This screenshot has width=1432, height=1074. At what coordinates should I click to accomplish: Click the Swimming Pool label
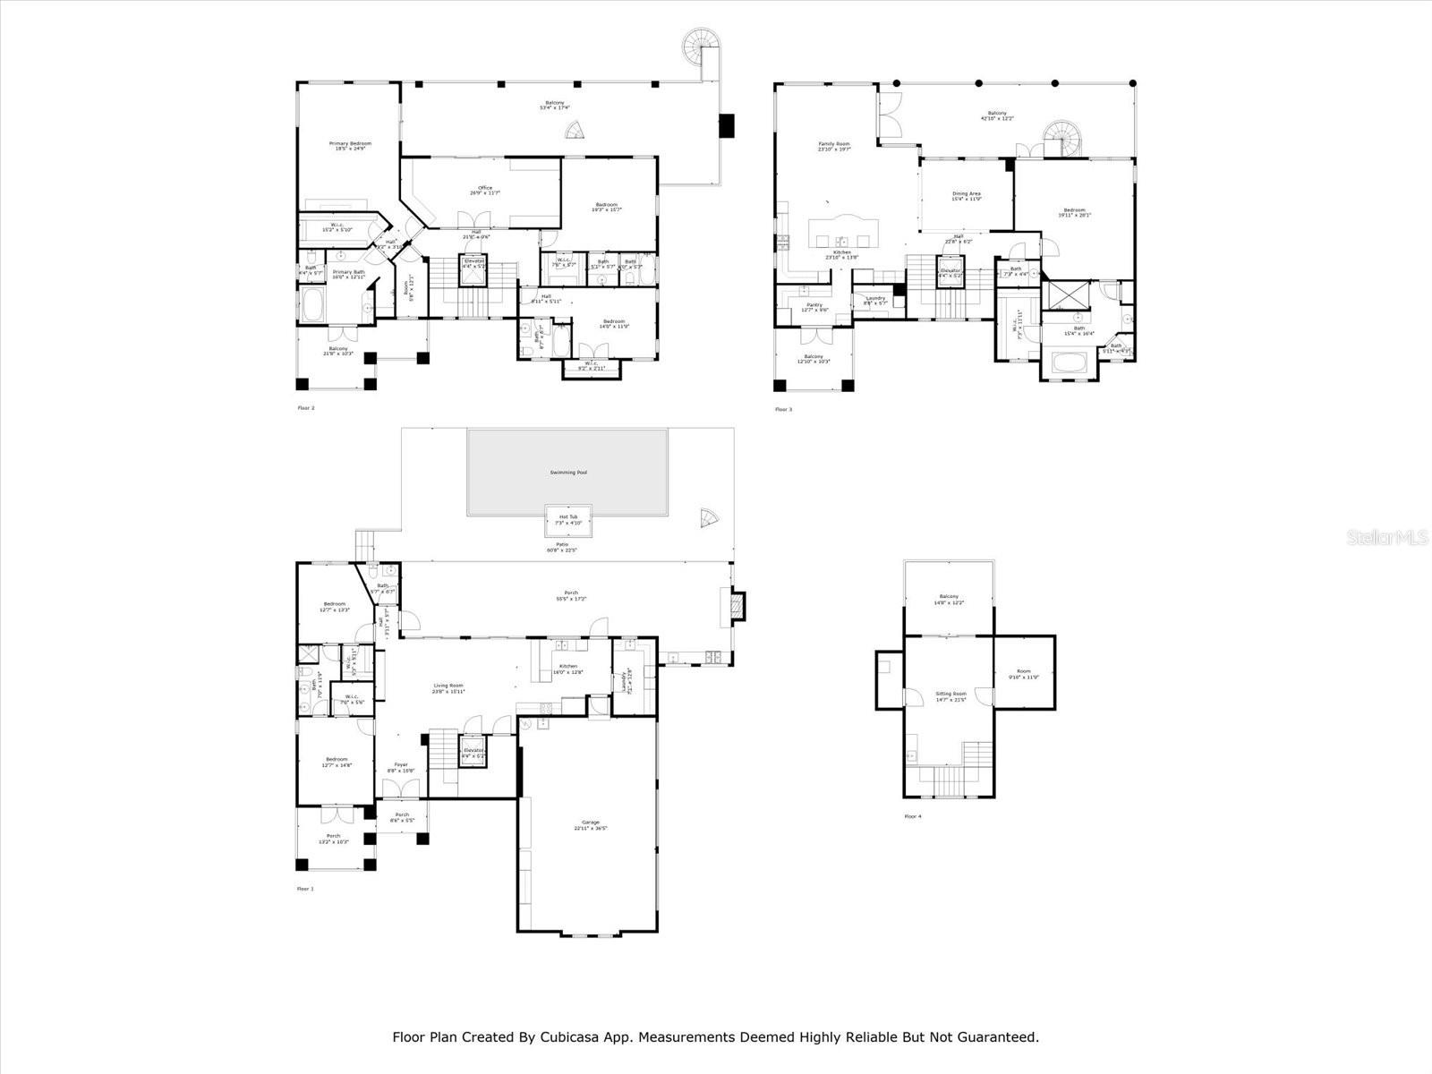(x=568, y=472)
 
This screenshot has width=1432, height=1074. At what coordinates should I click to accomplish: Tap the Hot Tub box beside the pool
(x=568, y=519)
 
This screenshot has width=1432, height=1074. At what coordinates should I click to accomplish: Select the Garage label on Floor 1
(x=591, y=824)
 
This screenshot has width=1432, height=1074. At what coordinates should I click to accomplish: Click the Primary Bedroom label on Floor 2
(x=350, y=145)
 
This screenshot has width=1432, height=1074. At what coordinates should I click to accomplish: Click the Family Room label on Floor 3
(x=834, y=146)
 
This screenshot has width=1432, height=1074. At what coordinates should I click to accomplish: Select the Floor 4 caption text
(x=912, y=816)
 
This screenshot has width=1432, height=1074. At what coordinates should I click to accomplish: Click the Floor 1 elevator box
(x=473, y=752)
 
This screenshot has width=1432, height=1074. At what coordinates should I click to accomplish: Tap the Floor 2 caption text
(x=305, y=408)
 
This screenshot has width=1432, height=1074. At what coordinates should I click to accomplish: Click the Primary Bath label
(x=349, y=274)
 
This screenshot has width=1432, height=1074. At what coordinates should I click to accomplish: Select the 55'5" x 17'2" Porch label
(x=571, y=595)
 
